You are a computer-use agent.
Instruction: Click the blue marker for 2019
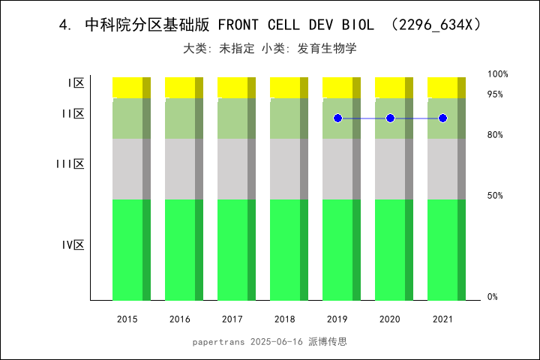[337, 118]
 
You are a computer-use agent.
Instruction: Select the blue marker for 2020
[390, 118]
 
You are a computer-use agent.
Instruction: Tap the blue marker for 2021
[442, 118]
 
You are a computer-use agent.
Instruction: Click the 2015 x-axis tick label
[127, 319]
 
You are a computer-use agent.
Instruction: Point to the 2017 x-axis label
[232, 319]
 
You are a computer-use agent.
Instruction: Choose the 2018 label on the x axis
[285, 319]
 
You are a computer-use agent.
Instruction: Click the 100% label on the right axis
[498, 74]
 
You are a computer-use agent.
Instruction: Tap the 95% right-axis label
[496, 94]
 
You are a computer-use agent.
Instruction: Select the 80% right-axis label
[496, 135]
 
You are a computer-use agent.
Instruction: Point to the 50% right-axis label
[496, 196]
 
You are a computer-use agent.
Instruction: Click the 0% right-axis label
[493, 297]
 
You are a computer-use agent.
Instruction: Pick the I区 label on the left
[76, 83]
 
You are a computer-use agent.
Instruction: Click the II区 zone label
[73, 114]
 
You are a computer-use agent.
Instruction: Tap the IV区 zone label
[73, 245]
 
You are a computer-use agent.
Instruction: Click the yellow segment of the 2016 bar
[180, 87]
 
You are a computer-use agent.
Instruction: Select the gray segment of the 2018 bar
[285, 169]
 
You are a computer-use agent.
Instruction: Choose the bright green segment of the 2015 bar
[127, 250]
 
